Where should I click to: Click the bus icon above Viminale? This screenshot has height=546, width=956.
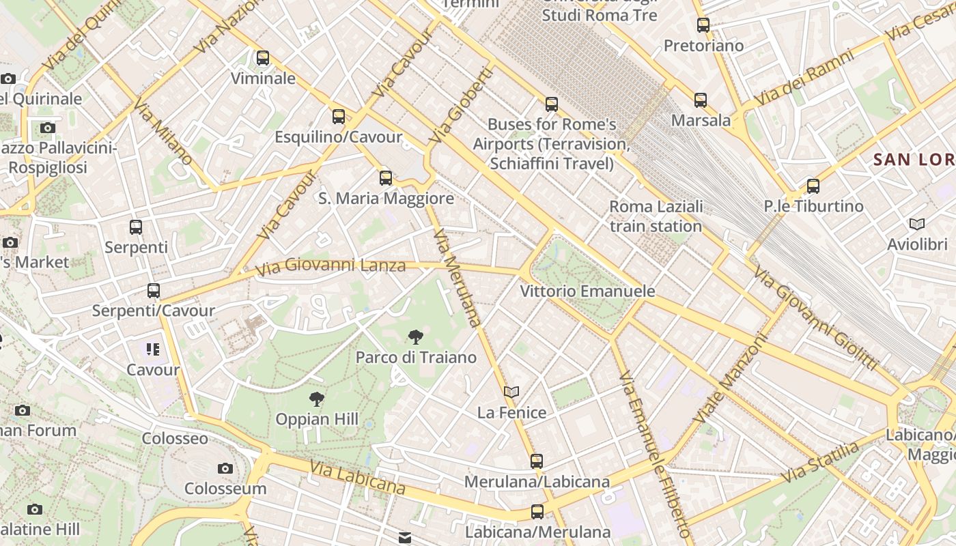click(x=263, y=58)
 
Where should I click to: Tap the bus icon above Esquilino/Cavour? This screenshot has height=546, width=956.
click(x=339, y=117)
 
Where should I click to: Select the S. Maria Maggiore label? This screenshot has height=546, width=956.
click(x=386, y=199)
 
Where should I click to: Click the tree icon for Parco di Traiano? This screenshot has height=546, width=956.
click(x=414, y=336)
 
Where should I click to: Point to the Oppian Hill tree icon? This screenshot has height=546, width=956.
click(x=316, y=399)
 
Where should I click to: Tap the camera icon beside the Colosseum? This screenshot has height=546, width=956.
click(x=225, y=468)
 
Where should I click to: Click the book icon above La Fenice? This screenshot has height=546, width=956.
click(x=511, y=392)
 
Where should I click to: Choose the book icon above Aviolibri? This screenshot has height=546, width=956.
click(x=917, y=224)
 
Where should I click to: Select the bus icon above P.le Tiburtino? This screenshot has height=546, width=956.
click(x=813, y=186)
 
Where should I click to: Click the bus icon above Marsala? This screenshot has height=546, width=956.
click(x=701, y=100)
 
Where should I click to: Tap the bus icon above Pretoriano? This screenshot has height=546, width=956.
click(x=703, y=26)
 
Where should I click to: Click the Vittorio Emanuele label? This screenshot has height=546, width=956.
click(x=587, y=291)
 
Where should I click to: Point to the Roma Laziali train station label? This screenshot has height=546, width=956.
click(x=656, y=216)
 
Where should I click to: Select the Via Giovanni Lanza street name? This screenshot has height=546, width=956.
click(x=331, y=265)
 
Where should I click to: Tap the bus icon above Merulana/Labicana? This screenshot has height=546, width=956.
click(x=537, y=461)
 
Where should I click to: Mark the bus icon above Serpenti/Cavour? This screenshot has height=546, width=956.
click(x=154, y=291)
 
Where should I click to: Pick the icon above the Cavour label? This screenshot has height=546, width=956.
click(x=152, y=350)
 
